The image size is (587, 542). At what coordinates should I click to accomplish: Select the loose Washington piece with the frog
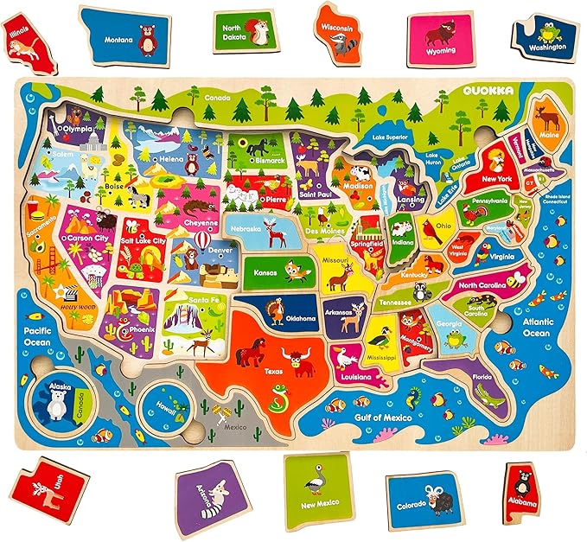pos(546,37)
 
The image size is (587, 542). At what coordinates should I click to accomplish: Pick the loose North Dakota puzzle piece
pos(243,32)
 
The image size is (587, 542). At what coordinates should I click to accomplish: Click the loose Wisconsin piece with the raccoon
pos(338,33)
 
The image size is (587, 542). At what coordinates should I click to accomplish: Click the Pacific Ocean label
pos(39,336)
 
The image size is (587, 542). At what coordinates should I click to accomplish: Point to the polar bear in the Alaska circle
pos(58,403)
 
